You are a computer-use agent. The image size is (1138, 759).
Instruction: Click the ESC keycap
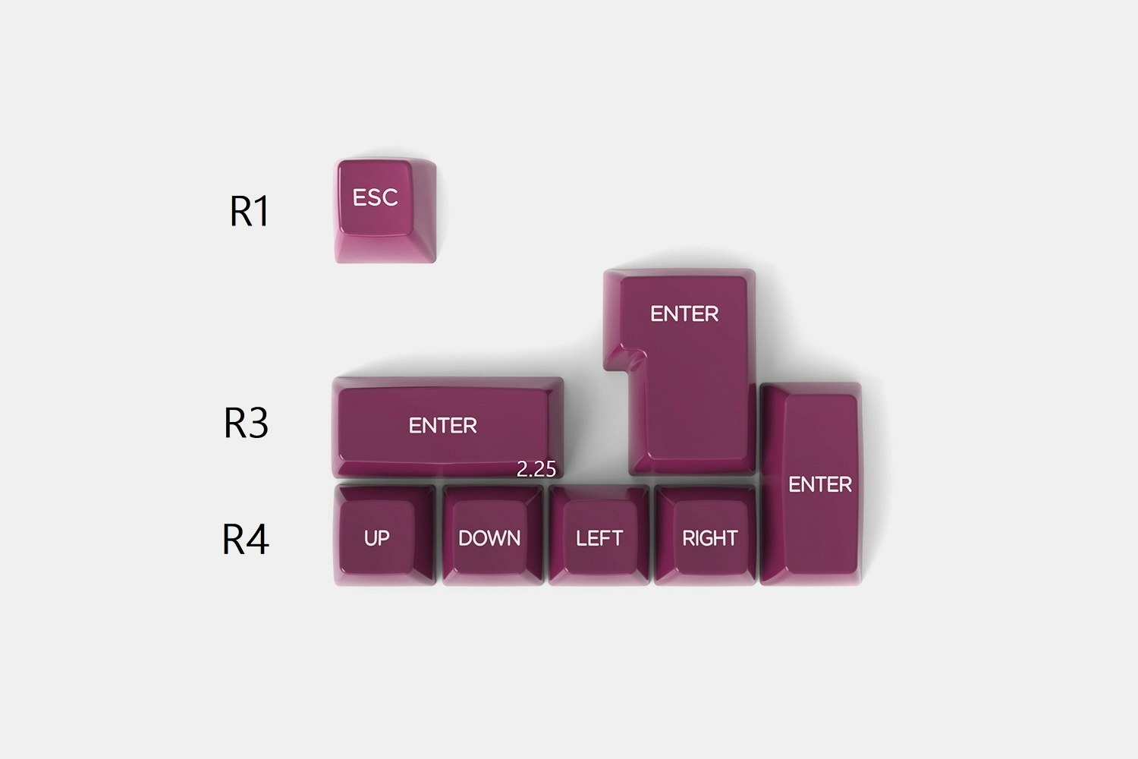pos(385,210)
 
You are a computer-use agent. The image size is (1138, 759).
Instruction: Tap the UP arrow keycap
pos(385,535)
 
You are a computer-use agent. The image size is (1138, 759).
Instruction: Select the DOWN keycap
pos(492,535)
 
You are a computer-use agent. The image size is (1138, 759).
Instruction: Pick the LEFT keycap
pos(599,535)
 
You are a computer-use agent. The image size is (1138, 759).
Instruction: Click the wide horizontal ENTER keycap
pos(448,427)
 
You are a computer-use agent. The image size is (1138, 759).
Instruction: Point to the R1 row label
pos(249,211)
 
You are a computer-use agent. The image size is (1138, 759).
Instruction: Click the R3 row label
pos(246,423)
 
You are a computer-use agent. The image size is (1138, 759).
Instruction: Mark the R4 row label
pos(245,539)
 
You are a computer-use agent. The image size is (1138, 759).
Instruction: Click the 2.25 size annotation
pos(536,469)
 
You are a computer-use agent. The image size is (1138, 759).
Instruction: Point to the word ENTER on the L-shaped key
pos(684,313)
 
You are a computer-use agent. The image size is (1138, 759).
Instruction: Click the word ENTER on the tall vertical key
pos(819,484)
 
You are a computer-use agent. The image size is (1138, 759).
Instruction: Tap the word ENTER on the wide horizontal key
pos(443,426)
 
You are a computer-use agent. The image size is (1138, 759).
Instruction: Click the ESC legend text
pos(375,197)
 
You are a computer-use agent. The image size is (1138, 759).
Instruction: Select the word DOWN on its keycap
pos(489,538)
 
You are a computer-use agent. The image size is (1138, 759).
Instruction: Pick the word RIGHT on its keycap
pos(709,538)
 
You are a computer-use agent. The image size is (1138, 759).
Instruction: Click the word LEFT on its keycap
pos(599,538)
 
